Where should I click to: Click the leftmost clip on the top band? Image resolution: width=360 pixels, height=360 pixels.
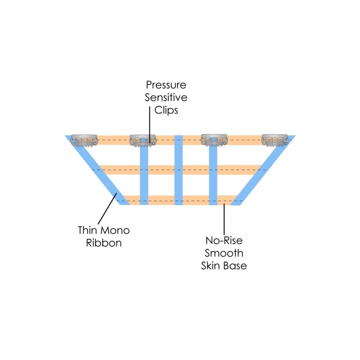coord(85,140)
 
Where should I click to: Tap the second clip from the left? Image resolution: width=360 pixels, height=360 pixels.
coord(143,140)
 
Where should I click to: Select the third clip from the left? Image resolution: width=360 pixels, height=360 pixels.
coord(213,140)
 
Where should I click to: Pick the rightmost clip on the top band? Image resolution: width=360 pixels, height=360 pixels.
coord(275,140)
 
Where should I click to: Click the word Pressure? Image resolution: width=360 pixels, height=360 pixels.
coord(166,85)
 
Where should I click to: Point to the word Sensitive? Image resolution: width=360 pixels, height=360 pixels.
coord(166,97)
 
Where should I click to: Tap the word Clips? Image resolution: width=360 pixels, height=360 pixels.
coord(166,110)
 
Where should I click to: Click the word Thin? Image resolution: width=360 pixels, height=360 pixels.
coord(88,230)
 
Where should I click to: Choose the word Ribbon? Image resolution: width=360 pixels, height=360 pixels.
coord(103,243)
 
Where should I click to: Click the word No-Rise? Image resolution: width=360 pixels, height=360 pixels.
coord(223,240)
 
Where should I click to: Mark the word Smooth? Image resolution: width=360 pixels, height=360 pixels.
coord(223,253)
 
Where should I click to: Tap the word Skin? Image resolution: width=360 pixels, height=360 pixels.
coord(211,265)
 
